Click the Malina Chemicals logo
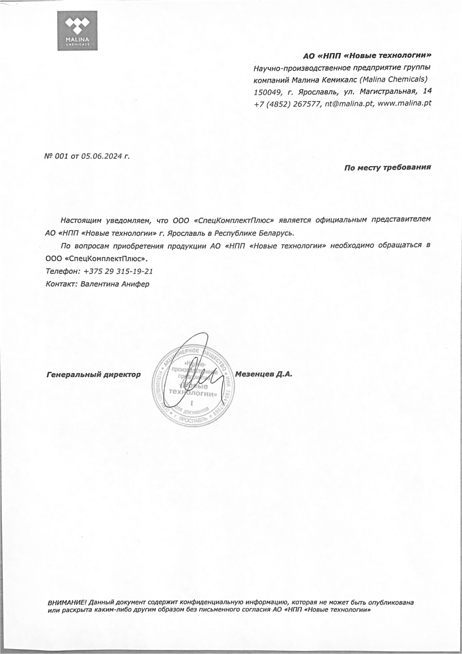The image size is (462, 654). point(77,31)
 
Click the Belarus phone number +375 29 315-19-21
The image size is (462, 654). point(118,272)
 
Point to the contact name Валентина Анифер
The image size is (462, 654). point(115,284)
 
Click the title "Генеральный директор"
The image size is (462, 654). point(93,375)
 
